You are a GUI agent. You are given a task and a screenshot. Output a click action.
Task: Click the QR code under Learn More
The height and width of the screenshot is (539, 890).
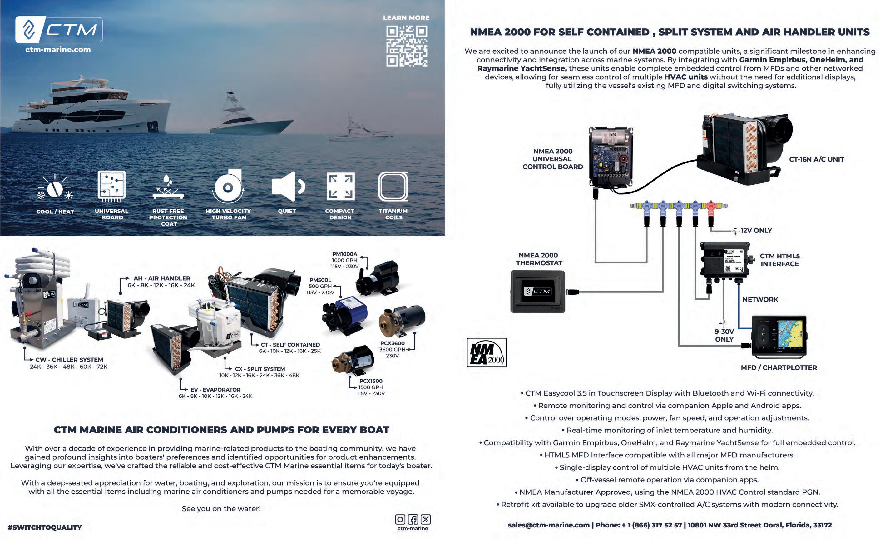(x=406, y=46)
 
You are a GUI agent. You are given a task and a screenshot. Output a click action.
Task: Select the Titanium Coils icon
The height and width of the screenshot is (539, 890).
(x=393, y=187)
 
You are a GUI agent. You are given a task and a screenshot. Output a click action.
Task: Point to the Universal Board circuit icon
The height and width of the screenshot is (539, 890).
(x=111, y=186)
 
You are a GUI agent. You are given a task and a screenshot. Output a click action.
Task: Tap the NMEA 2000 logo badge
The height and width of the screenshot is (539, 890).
(x=487, y=352)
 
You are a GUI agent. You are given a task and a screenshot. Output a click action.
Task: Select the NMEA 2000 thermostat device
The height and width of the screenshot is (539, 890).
(x=537, y=291)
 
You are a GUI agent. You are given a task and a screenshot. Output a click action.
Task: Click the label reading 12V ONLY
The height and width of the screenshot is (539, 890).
(x=756, y=231)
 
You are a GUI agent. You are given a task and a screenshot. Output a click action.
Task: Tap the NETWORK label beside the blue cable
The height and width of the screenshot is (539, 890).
(x=760, y=300)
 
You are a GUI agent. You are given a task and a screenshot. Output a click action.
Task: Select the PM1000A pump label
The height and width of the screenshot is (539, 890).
(x=344, y=254)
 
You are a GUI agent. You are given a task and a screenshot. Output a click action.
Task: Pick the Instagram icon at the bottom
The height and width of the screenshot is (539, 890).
(x=400, y=520)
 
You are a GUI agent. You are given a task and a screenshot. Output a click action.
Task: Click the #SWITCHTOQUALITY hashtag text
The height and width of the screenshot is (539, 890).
(x=45, y=527)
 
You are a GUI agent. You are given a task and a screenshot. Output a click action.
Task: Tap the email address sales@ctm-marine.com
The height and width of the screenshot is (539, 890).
(x=548, y=525)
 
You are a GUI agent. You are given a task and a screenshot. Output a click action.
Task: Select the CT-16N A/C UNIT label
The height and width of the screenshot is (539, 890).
(x=816, y=159)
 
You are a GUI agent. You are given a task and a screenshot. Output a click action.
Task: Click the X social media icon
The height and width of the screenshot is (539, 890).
(x=426, y=520)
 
